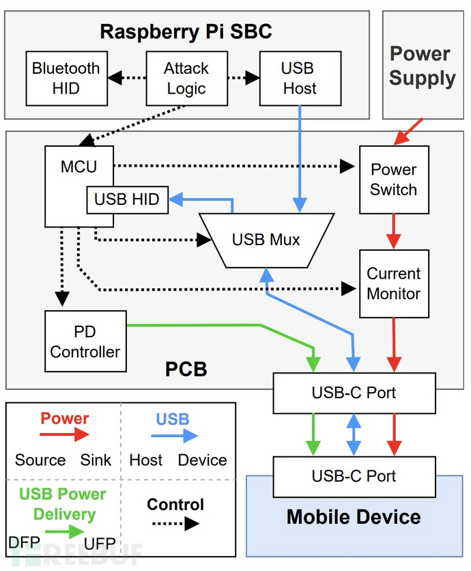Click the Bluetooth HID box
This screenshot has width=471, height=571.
66,78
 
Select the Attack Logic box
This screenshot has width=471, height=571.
186,78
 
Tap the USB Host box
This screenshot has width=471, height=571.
299,78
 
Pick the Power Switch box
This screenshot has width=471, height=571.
393,180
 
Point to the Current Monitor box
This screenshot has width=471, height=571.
393,283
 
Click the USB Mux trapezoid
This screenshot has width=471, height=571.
266,240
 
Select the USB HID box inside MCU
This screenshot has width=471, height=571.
127,199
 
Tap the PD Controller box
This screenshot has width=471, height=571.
85,342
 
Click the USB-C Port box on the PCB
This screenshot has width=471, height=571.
354,393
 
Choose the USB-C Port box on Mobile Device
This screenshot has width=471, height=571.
354,475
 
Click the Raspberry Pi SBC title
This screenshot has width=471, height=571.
186,31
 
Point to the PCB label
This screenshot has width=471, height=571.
186,370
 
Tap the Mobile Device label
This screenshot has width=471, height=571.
354,516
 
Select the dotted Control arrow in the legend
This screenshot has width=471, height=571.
175,524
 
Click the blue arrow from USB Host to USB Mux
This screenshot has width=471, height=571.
299,157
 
